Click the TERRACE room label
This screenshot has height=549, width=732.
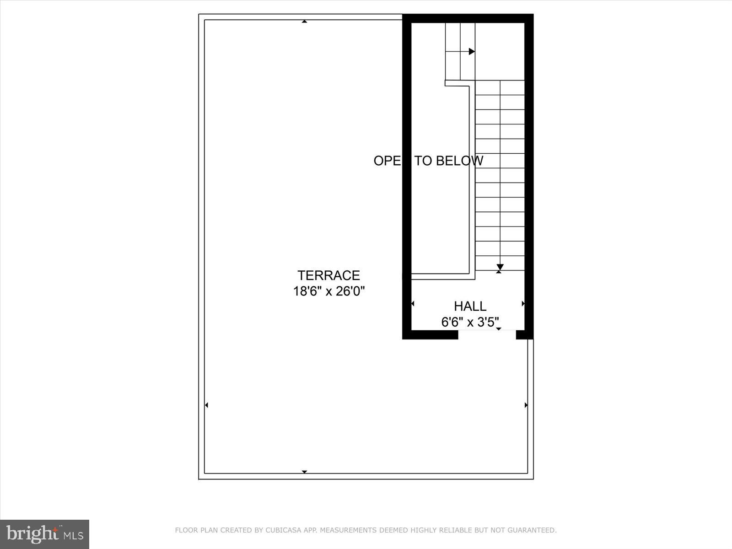pos(328,275)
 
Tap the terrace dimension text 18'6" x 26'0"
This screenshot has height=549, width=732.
pos(328,291)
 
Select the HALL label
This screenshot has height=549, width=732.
pos(470,306)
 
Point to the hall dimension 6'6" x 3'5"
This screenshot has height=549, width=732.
pos(470,322)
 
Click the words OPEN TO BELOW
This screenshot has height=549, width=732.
pos(428,161)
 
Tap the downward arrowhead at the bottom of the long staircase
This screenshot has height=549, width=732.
pos(500,267)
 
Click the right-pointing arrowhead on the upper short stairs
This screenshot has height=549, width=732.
pos(472,52)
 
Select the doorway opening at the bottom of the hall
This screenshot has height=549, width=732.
pos(487,334)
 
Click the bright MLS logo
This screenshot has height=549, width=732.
pos(45,534)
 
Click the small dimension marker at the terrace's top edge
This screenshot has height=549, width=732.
pos(304,21)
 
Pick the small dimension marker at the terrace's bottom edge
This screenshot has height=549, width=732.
pos(304,472)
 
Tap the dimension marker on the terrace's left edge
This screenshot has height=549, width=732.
pos(206,405)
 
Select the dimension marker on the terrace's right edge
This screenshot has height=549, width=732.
pos(526,405)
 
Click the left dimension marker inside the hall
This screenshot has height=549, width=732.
pos(413,303)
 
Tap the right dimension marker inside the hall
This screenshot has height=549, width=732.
pos(523,303)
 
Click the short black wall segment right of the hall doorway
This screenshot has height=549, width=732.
pos(523,334)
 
